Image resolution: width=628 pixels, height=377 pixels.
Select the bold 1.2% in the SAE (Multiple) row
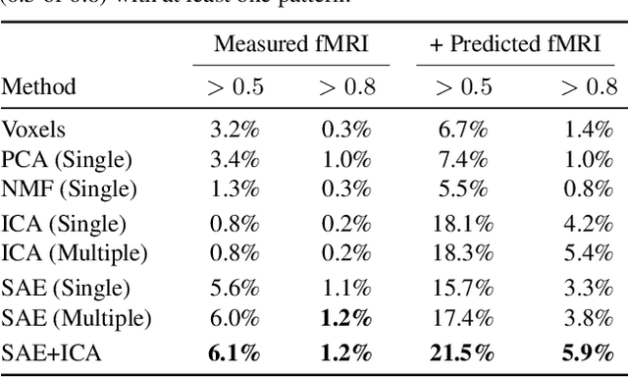tap(343, 317)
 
